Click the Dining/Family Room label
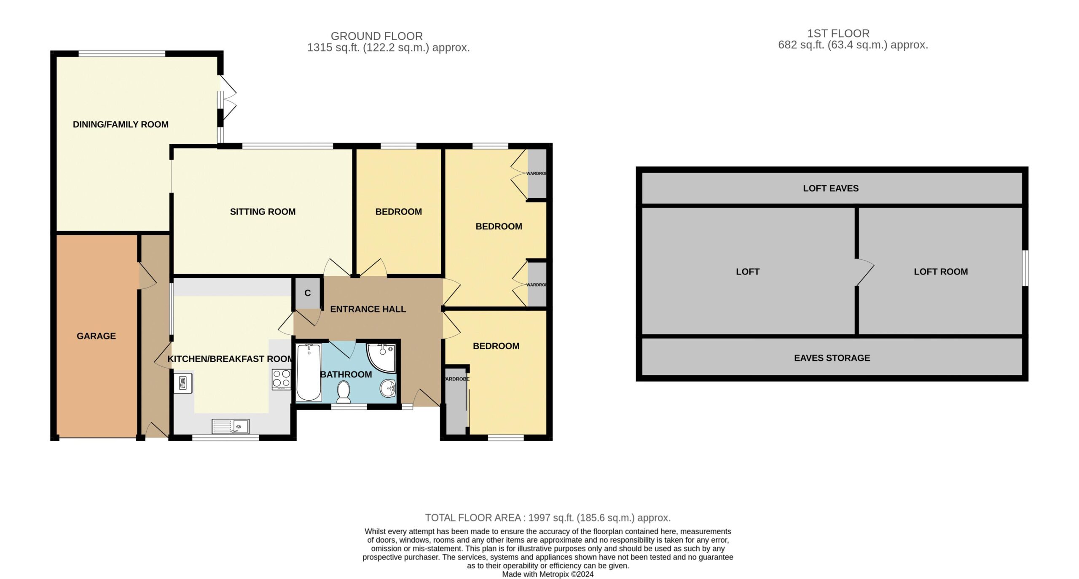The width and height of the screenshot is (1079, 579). click(x=121, y=124)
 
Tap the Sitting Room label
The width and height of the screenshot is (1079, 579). click(x=263, y=212)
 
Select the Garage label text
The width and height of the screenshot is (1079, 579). click(x=96, y=336)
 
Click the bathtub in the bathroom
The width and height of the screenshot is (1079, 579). click(x=309, y=372)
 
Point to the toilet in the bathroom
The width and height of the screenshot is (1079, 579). click(x=344, y=391)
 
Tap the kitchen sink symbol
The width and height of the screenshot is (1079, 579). click(x=230, y=426)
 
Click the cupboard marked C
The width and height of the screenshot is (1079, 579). click(x=308, y=293)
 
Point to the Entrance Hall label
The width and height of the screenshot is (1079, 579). click(x=368, y=309)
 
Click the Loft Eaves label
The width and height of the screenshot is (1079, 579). click(x=831, y=189)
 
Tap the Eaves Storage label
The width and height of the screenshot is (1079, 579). click(x=832, y=358)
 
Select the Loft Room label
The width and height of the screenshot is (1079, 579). click(x=941, y=272)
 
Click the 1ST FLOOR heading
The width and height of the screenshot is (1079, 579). click(x=838, y=33)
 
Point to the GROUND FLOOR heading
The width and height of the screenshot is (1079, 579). click(x=377, y=36)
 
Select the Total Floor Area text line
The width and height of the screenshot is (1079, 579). click(x=548, y=518)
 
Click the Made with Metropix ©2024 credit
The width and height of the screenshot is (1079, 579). click(x=548, y=574)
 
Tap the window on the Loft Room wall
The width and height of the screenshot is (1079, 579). click(x=1025, y=268)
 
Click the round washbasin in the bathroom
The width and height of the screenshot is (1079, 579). click(x=388, y=388)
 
